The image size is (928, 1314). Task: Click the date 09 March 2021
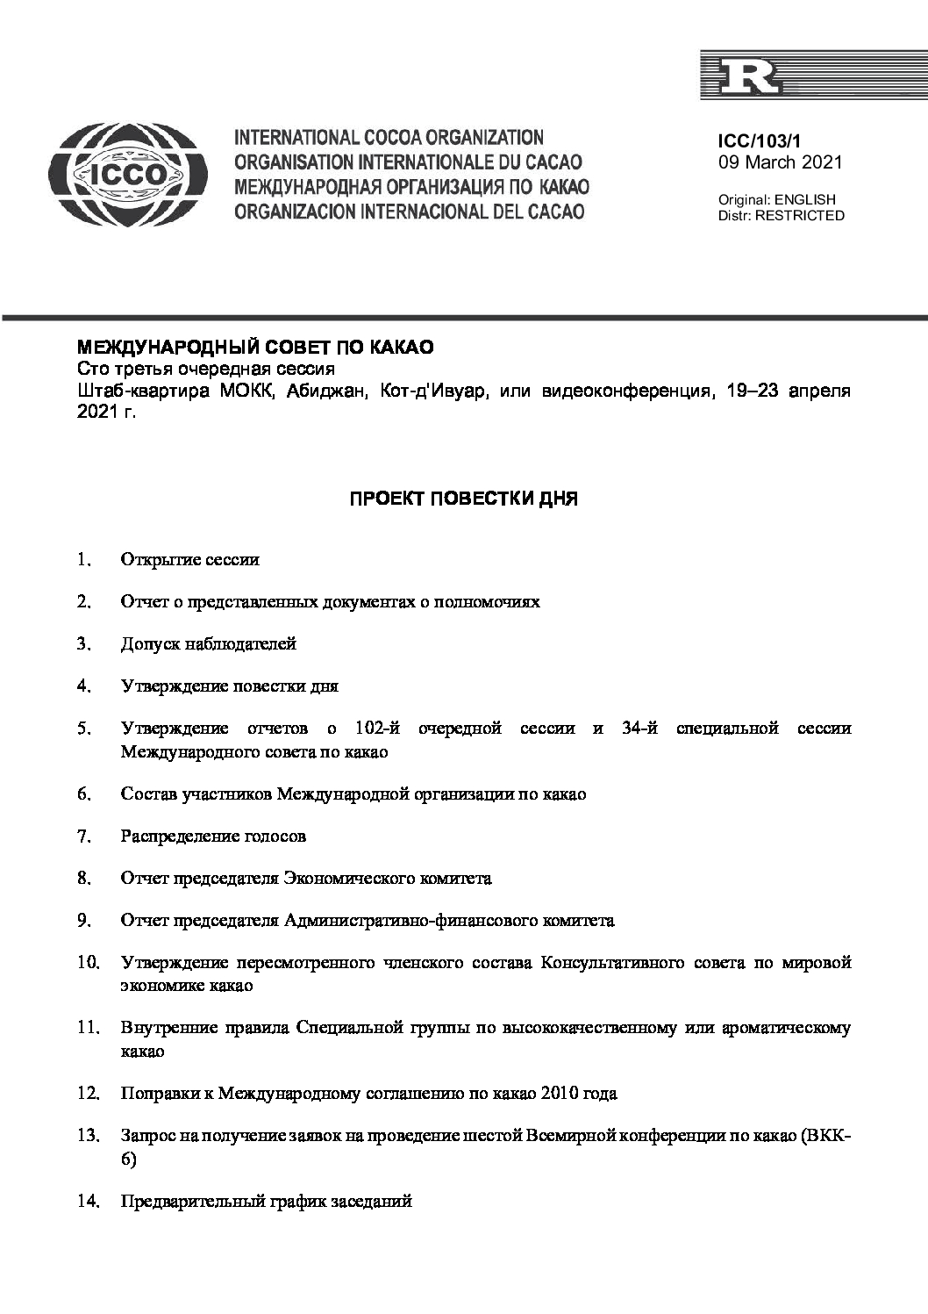[x=780, y=162]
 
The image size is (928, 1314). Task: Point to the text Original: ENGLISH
[x=776, y=200]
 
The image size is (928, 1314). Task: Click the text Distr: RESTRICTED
[x=781, y=216]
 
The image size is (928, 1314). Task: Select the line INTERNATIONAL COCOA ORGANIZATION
[x=389, y=138]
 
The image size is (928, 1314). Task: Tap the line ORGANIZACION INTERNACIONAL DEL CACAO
[x=409, y=212]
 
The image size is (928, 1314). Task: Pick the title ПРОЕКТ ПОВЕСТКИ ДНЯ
[x=464, y=499]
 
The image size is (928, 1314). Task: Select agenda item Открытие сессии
[x=190, y=560]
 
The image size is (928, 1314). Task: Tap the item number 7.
[x=83, y=837]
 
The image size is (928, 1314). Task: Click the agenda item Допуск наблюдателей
[x=209, y=644]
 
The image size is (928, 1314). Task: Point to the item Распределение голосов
[x=213, y=837]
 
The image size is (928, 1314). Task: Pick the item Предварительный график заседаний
[x=266, y=1202]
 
